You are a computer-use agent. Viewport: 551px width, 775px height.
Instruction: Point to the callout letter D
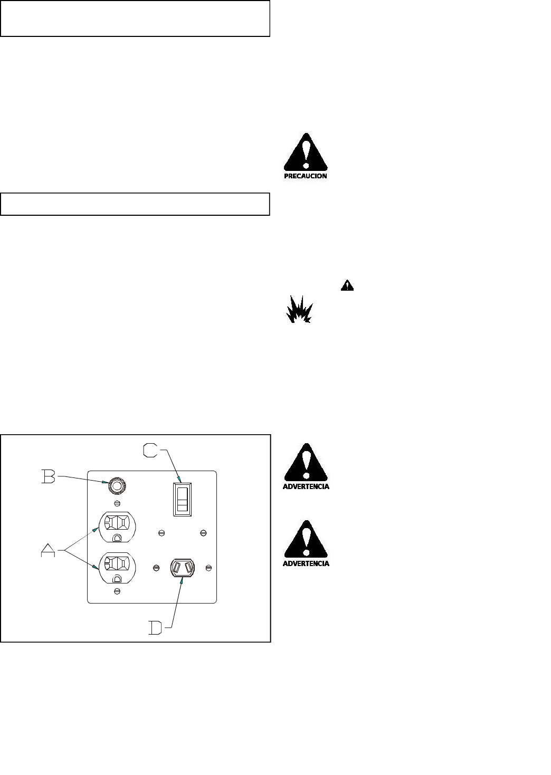click(x=156, y=627)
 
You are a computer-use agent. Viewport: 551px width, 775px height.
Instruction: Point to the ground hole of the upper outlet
click(x=117, y=538)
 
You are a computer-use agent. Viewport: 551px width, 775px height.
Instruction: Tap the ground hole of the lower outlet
click(x=117, y=578)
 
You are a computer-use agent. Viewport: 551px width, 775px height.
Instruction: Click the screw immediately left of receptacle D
click(x=156, y=567)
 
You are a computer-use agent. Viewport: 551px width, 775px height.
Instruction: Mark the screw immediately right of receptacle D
click(x=209, y=567)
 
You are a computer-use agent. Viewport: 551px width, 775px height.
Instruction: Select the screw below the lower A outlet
click(x=117, y=592)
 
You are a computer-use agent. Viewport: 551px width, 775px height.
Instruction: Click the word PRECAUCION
click(x=306, y=176)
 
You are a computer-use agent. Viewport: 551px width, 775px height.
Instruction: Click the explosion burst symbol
click(x=299, y=311)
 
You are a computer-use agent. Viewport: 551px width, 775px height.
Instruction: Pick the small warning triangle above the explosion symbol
click(x=347, y=285)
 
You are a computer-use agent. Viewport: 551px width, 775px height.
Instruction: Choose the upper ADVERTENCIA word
click(x=306, y=486)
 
